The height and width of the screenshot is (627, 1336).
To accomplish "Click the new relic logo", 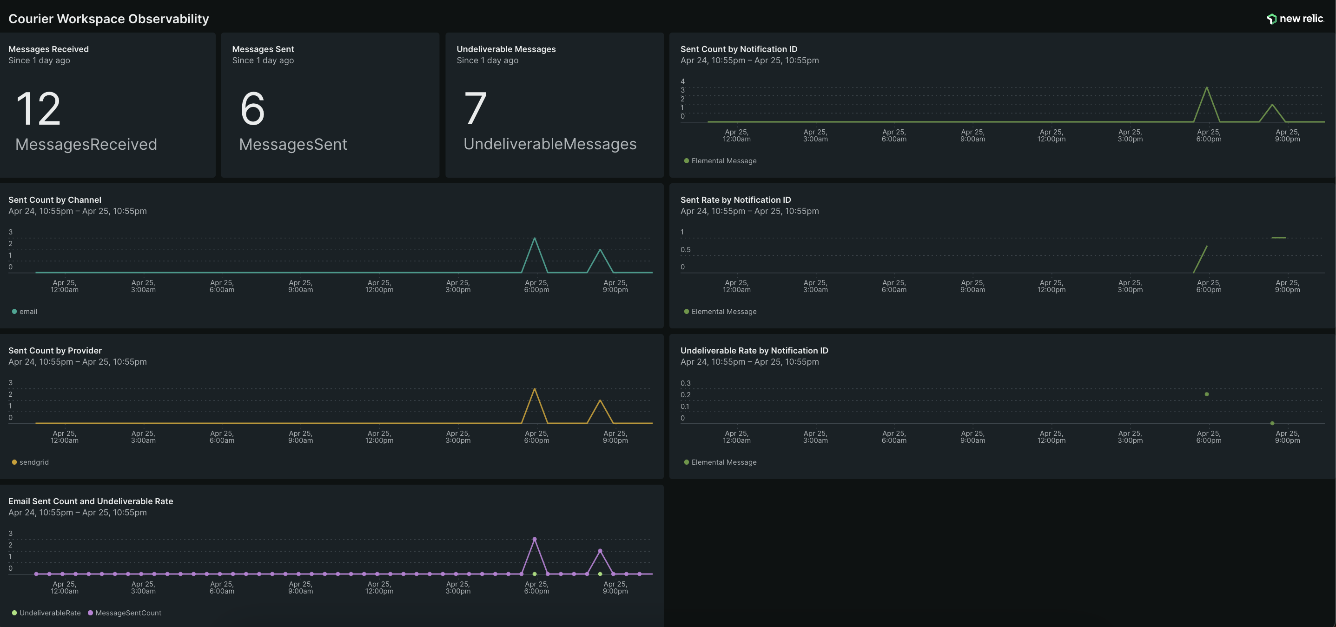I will tap(1295, 19).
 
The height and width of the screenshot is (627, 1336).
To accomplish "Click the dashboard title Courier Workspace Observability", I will tap(108, 19).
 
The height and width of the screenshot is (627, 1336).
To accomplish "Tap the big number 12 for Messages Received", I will tap(39, 108).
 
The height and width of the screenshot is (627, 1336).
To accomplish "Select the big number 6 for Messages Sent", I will tap(252, 108).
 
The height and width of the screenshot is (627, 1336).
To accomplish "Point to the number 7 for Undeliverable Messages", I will tap(475, 108).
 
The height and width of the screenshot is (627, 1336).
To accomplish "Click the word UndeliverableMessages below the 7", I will tap(550, 144).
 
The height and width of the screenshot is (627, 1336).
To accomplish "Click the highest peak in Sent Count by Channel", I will tap(535, 239).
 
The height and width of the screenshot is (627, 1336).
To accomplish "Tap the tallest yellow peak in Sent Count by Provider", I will tap(535, 389).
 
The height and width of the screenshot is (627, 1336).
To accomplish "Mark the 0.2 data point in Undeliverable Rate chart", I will tap(1207, 394).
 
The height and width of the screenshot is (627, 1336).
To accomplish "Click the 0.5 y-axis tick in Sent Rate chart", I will tap(686, 250).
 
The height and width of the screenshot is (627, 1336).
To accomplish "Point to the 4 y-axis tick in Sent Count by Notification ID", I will tap(682, 81).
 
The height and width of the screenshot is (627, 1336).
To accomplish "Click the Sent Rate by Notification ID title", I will tap(735, 200).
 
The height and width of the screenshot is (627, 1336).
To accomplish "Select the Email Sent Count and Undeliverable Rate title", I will tap(91, 501).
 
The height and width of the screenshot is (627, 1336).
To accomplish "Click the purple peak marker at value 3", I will tap(535, 539).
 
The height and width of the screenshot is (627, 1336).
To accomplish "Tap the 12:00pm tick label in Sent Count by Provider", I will tap(379, 437).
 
